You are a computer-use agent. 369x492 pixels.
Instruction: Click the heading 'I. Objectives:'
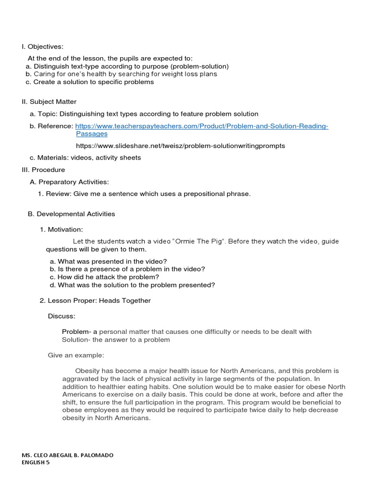tap(42, 47)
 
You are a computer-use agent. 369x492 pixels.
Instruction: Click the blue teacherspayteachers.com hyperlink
tap(202, 126)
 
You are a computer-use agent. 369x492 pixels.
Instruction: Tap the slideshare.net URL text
tap(180, 146)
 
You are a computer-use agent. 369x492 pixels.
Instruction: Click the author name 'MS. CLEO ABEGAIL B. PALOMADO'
tap(68, 455)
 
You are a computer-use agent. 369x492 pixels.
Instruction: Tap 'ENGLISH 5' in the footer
tap(36, 463)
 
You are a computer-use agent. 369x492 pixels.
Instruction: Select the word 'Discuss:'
tap(61, 316)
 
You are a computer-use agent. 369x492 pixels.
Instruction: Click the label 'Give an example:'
tap(76, 356)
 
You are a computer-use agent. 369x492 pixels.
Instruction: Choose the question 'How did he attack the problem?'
tap(108, 277)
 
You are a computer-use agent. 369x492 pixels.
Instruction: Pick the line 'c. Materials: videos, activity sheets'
tap(85, 158)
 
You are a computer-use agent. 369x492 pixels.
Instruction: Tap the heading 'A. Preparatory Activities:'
tap(69, 182)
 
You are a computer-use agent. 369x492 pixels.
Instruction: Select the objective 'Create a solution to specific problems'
tap(93, 82)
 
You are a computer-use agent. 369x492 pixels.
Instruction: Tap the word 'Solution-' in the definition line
tap(76, 340)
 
